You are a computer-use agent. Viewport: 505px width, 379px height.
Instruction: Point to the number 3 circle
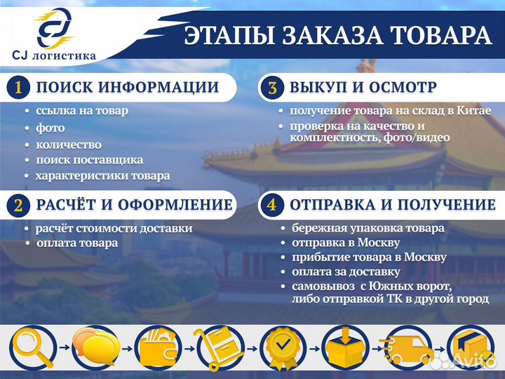[272, 88]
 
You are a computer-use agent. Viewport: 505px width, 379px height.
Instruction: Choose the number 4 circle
[272, 205]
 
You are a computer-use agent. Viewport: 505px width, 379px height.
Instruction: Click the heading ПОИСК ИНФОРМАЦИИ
[126, 88]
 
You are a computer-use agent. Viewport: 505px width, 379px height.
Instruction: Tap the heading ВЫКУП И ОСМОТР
[363, 88]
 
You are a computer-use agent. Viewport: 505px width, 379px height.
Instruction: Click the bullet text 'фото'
[50, 128]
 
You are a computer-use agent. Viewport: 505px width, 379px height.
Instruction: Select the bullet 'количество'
[68, 144]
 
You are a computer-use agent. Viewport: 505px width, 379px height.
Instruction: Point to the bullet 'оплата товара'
[76, 243]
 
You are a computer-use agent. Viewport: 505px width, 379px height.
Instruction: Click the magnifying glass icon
[31, 348]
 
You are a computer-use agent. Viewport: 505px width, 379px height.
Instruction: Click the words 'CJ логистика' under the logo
[54, 55]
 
